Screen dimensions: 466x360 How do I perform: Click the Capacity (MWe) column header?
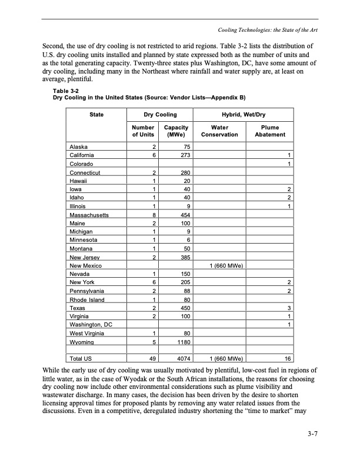(176, 131)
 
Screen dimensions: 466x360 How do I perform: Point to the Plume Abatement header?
(270, 131)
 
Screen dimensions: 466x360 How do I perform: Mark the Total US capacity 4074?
(181, 357)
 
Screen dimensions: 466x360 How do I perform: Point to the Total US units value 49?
(152, 357)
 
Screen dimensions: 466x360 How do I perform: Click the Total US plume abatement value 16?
(288, 357)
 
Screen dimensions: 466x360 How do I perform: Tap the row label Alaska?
(79, 147)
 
